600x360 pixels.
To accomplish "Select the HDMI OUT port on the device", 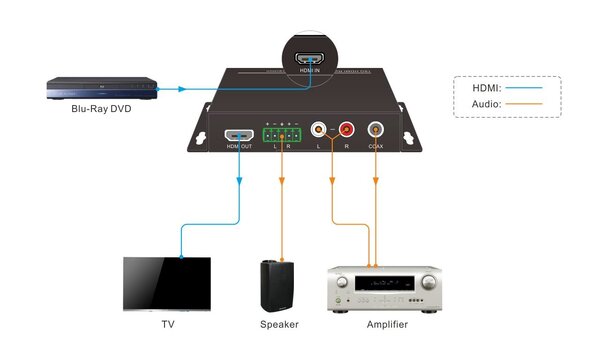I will [x=238, y=134].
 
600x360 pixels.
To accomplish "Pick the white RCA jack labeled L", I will [x=319, y=129].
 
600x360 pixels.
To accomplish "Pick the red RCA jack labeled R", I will [x=346, y=129].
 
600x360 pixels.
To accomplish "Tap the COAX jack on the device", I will [x=376, y=129].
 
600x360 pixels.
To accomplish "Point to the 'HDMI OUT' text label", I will [x=238, y=147].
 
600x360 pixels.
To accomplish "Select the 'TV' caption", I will [x=167, y=325].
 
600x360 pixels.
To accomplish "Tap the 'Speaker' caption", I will [x=279, y=325].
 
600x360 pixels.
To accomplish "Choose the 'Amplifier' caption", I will [x=386, y=325].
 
